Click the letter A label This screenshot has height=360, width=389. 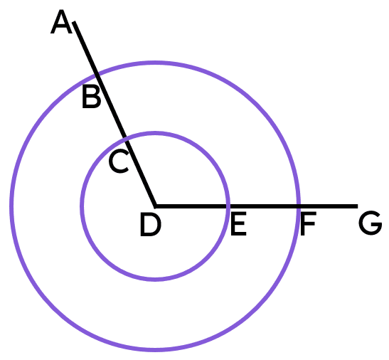(61, 21)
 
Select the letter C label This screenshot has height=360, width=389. (119, 162)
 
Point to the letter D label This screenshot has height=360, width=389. (151, 225)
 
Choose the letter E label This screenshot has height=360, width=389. (238, 223)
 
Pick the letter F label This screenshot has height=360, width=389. (308, 223)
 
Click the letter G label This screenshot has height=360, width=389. (370, 223)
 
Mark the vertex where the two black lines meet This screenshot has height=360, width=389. (155, 206)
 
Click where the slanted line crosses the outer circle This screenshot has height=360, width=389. (97, 73)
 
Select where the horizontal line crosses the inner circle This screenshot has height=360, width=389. (228, 206)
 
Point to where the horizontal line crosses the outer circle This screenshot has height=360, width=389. (299, 206)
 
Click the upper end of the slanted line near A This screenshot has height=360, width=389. (74, 22)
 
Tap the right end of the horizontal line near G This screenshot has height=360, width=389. (357, 206)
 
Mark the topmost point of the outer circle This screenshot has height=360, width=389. (155, 63)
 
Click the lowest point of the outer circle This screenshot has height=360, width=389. (155, 350)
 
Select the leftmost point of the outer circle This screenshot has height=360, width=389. (11, 206)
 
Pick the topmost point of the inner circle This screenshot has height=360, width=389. (155, 133)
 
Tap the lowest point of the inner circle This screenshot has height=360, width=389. (155, 280)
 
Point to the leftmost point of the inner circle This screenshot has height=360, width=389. (82, 206)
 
